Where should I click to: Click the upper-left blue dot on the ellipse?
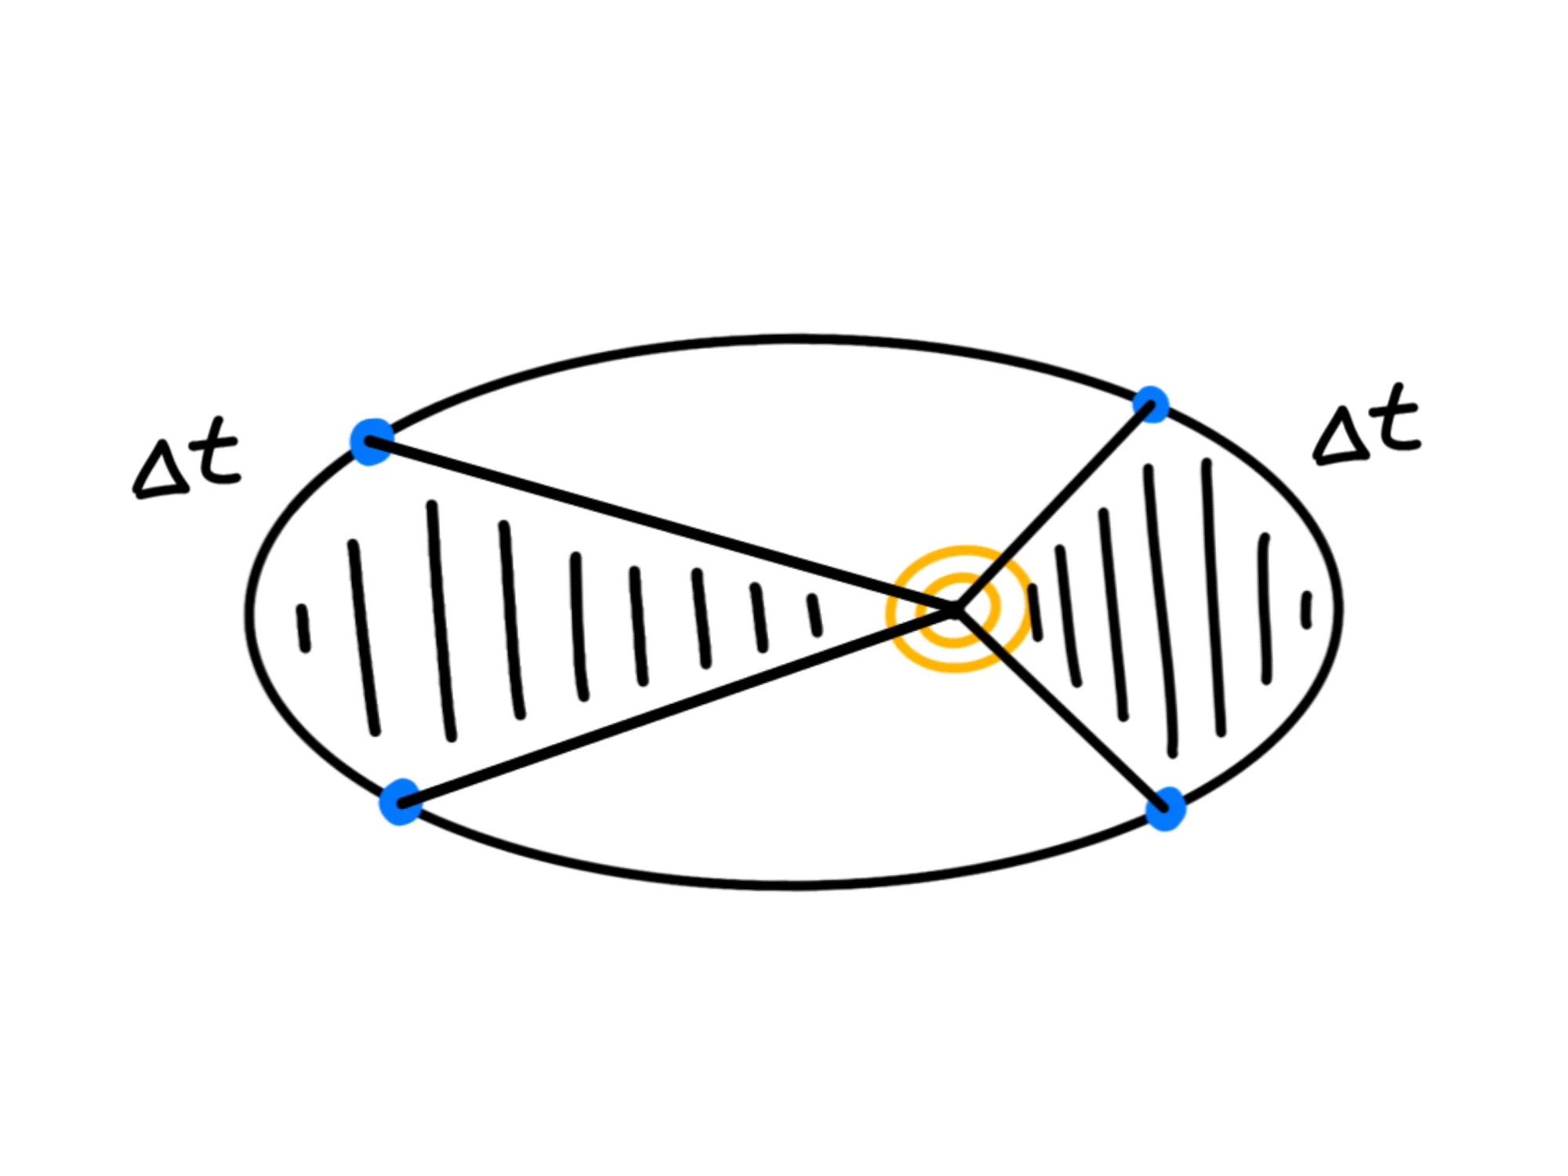[371, 442]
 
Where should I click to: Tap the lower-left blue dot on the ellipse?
[401, 802]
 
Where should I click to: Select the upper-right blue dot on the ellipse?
[1151, 405]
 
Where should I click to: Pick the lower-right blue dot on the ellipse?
[1165, 808]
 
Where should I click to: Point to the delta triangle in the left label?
[161, 474]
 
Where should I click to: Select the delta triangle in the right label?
[1339, 437]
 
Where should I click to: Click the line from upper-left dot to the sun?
[659, 525]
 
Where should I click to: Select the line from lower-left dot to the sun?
[674, 706]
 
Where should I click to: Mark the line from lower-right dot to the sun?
[1058, 708]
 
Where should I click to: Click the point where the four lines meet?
[956, 609]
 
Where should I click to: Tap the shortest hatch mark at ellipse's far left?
[303, 628]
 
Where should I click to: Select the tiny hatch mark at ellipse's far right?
[1306, 610]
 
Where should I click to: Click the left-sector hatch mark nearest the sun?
[815, 615]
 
